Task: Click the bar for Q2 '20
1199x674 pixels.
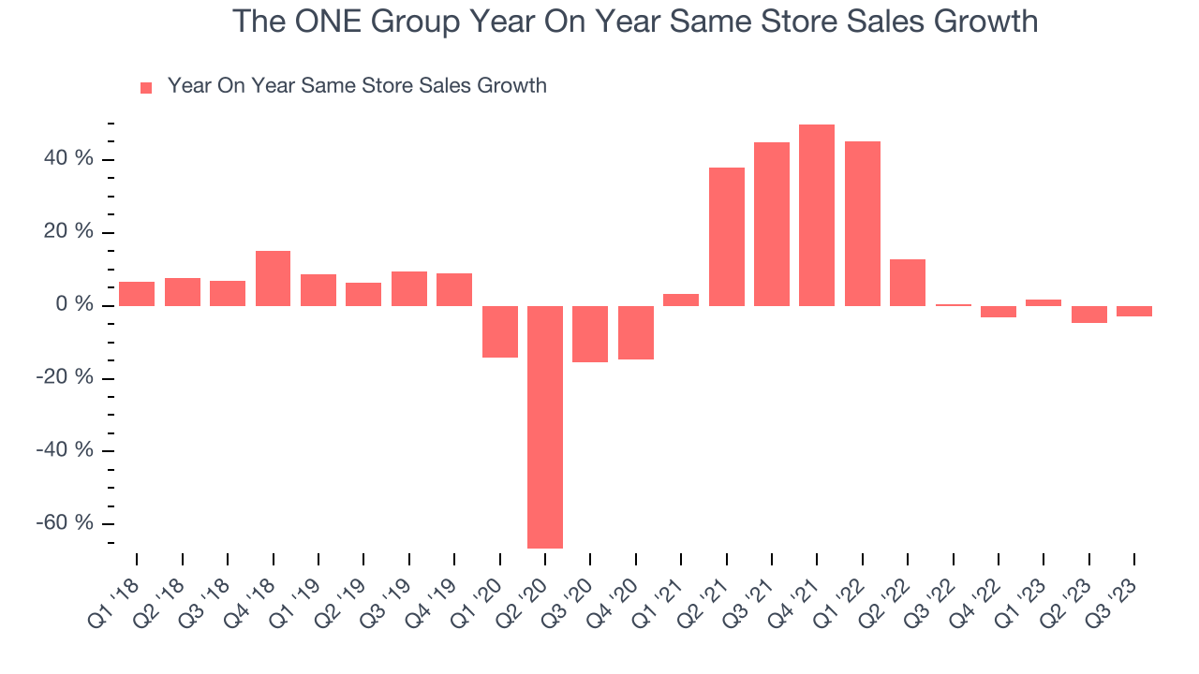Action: point(545,427)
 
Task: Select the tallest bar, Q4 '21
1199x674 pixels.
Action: point(817,215)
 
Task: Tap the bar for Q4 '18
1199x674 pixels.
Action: point(273,278)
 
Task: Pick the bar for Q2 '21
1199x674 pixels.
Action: point(727,237)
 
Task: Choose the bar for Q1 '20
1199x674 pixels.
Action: point(500,331)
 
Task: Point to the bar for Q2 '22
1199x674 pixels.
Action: point(908,283)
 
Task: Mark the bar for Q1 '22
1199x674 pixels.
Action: point(863,224)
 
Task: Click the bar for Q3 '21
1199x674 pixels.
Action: point(772,224)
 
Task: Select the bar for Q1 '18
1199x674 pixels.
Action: point(137,294)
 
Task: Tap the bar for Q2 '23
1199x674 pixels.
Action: point(1089,315)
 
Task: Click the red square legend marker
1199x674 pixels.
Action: point(146,88)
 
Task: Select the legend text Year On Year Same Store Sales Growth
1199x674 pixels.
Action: point(357,86)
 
